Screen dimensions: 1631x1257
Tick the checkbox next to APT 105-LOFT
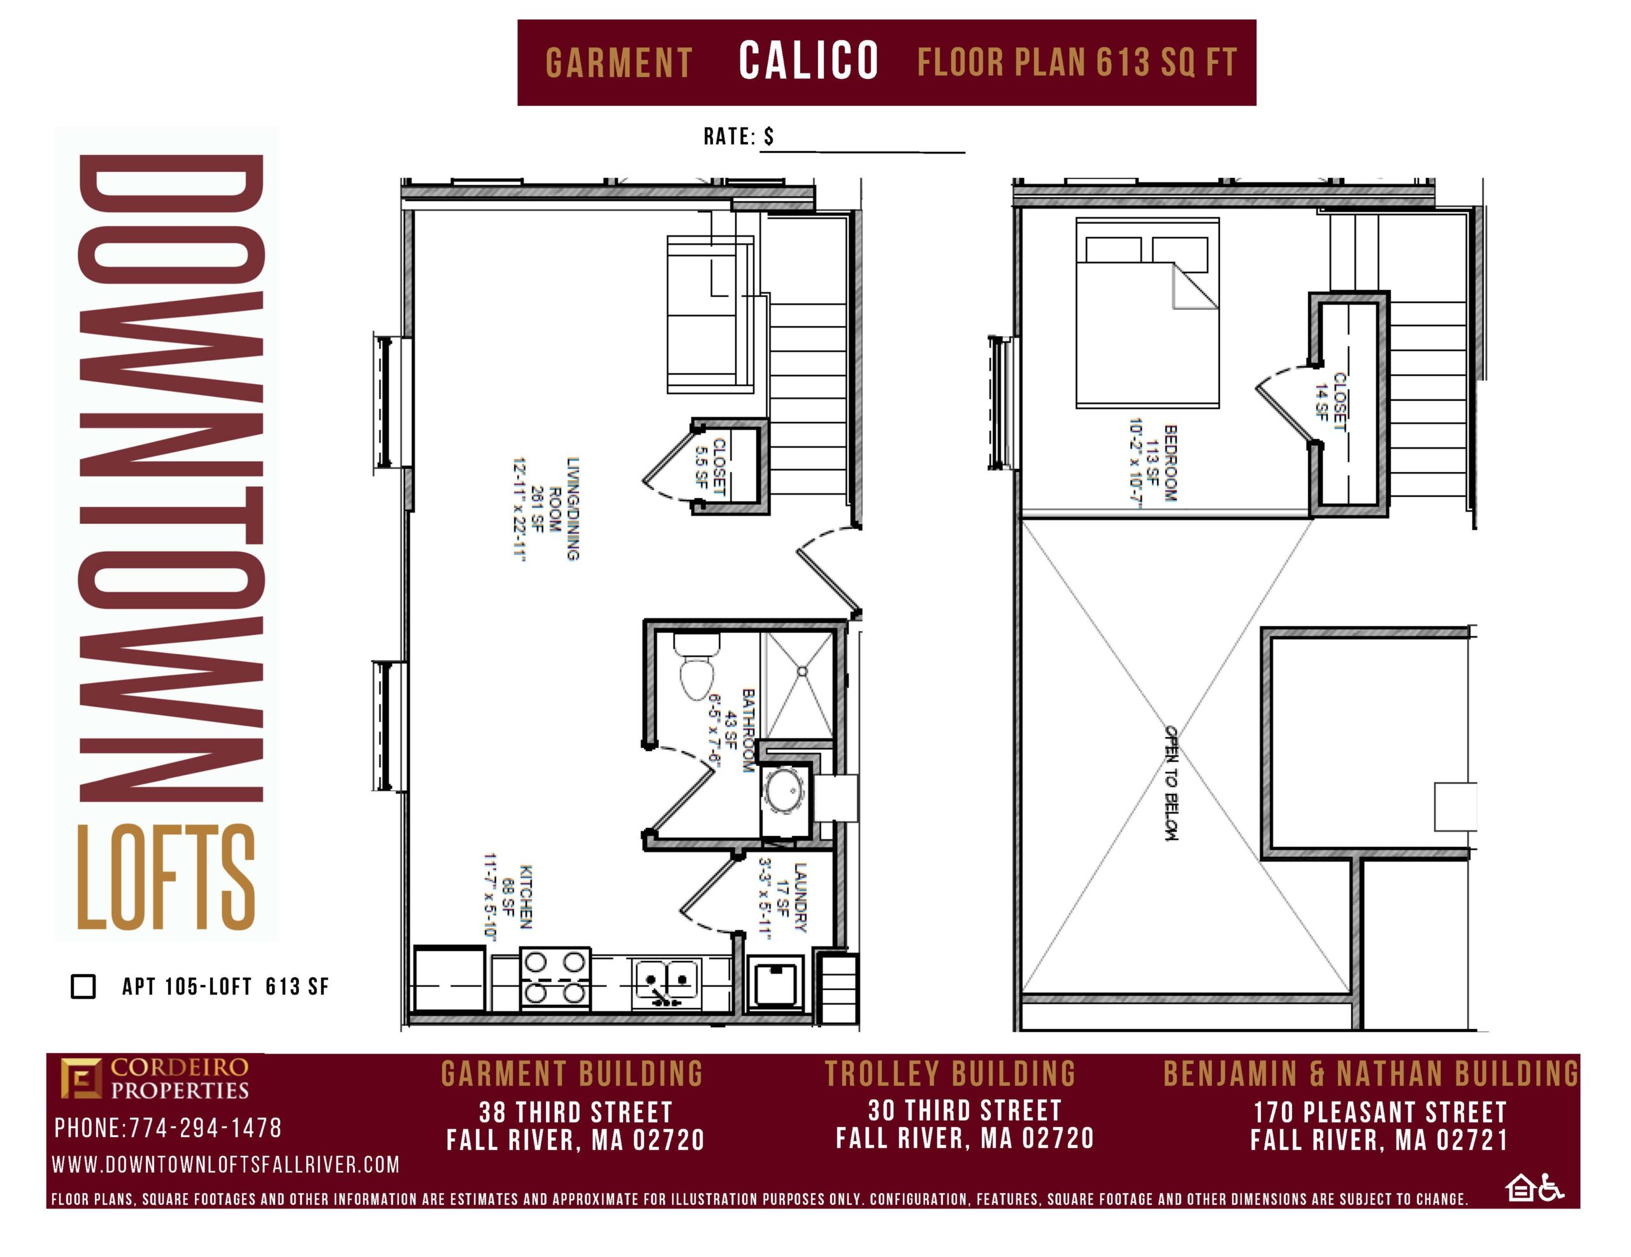pyautogui.click(x=83, y=986)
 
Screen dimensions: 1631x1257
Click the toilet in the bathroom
pyautogui.click(x=697, y=666)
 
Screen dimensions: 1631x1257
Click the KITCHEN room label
pyautogui.click(x=526, y=897)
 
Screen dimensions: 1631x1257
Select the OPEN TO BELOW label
pyautogui.click(x=1171, y=783)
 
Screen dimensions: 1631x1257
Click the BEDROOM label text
pyautogui.click(x=1170, y=463)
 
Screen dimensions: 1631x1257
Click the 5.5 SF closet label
pyautogui.click(x=710, y=467)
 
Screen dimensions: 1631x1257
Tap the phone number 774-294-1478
pyautogui.click(x=205, y=1128)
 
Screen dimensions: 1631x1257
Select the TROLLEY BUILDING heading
pyautogui.click(x=950, y=1074)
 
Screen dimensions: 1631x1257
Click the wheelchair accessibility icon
pyautogui.click(x=1551, y=1188)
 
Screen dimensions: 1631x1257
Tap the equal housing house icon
pyautogui.click(x=1521, y=1188)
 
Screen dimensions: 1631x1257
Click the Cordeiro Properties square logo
pyautogui.click(x=81, y=1078)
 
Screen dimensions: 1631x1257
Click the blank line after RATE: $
pyautogui.click(x=863, y=152)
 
